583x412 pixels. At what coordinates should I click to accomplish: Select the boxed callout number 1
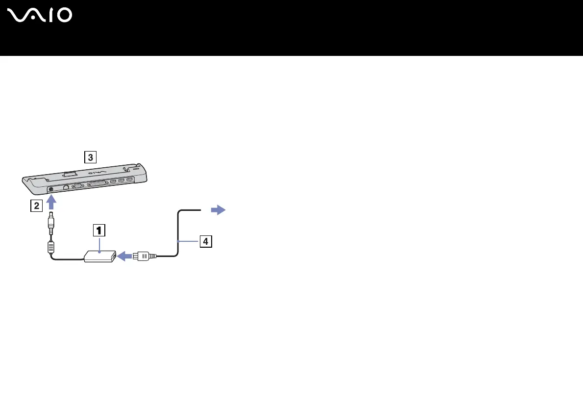point(99,230)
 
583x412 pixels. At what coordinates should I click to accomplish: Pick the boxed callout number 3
point(89,157)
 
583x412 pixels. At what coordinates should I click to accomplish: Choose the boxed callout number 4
point(206,241)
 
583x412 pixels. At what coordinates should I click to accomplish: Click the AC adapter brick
point(100,256)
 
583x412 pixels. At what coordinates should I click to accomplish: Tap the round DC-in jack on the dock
point(51,189)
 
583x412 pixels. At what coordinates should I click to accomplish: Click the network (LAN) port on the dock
point(66,187)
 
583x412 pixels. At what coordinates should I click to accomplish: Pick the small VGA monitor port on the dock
point(77,186)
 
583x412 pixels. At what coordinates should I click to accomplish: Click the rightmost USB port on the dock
point(129,180)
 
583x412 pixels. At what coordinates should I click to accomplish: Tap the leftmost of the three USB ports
point(113,182)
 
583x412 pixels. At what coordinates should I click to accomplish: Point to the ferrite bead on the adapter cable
point(50,246)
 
